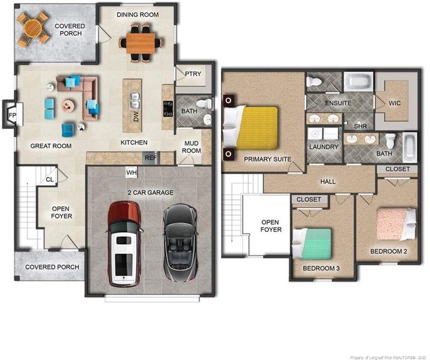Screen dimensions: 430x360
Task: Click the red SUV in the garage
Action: pos(124,244)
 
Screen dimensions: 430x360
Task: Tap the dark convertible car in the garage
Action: pos(180,243)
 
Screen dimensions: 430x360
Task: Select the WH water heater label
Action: pos(132,173)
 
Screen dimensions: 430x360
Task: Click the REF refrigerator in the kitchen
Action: pos(151,158)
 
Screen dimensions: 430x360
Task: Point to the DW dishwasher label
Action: pos(136,116)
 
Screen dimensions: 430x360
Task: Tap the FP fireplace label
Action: pos(13,115)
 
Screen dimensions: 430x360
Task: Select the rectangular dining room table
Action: pos(141,43)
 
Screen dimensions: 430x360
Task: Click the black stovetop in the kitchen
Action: pos(168,109)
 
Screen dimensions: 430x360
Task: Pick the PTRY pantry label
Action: pos(193,74)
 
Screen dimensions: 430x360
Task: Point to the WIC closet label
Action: pos(395,103)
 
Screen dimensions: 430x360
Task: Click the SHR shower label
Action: pos(360,126)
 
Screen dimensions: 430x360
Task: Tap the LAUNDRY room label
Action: pos(324,147)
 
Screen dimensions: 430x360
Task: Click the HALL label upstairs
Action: pos(328,181)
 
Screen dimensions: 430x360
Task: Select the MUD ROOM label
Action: pos(192,147)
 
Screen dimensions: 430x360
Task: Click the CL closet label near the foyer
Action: pos(50,179)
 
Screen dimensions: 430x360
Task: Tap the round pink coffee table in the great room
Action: pos(68,105)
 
